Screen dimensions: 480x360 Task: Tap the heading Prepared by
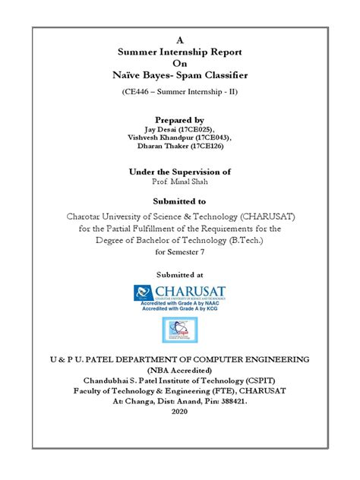click(180, 120)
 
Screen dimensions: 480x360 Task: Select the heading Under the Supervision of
click(180, 173)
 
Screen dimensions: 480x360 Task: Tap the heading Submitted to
click(180, 202)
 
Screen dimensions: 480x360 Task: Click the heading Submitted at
click(180, 274)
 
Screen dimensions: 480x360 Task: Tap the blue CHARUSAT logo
click(180, 295)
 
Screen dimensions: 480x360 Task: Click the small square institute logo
click(180, 330)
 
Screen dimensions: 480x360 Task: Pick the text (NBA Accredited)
click(180, 370)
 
